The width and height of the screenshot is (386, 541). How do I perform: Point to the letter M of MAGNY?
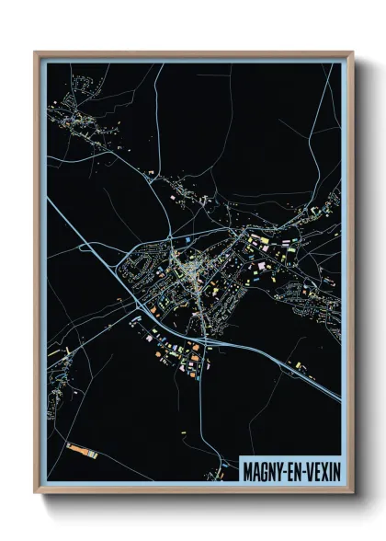pos(248,470)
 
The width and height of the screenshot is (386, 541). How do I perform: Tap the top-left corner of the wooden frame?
pos(36,53)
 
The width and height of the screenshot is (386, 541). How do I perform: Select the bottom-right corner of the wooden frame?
pos(352,492)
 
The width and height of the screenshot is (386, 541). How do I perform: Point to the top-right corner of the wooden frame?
pos(352,53)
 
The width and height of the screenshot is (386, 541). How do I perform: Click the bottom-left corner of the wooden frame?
pos(36,492)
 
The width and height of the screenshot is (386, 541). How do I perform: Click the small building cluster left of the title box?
pos(218,451)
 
